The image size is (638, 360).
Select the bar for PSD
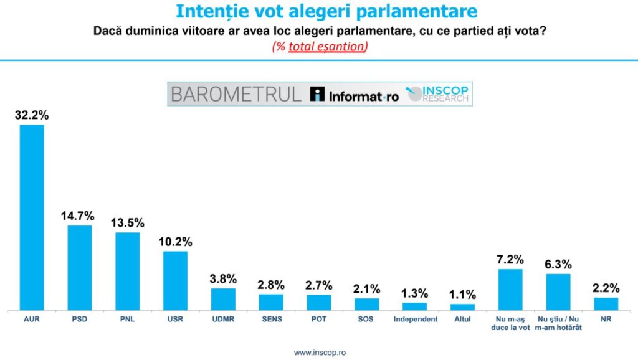(x=80, y=267)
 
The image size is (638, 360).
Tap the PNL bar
(x=128, y=271)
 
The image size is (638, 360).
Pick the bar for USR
(x=175, y=280)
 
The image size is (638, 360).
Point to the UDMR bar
(x=223, y=299)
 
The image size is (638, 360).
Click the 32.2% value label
(x=32, y=115)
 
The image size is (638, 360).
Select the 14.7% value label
(x=78, y=216)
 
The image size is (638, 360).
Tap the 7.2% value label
(x=510, y=260)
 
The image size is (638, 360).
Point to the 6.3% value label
(x=558, y=264)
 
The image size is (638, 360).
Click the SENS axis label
(x=271, y=320)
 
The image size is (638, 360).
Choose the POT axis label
(x=319, y=320)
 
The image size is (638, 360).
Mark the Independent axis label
(x=414, y=320)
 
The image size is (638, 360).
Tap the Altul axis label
(x=462, y=320)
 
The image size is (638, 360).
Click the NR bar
(x=606, y=303)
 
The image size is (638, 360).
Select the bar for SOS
(x=367, y=304)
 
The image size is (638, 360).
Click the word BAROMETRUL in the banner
(x=236, y=94)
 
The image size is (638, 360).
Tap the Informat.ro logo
(x=354, y=95)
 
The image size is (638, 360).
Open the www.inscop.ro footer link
(x=319, y=353)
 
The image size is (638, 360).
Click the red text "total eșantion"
(x=326, y=47)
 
